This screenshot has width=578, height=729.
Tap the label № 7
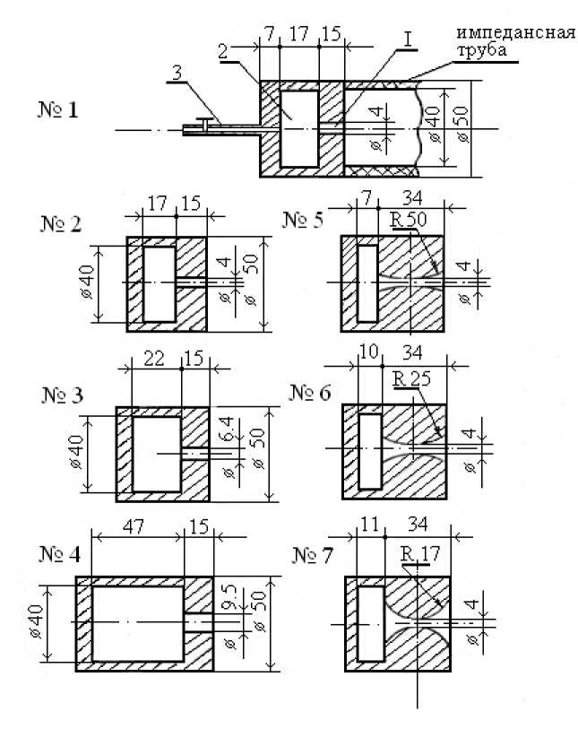(312, 555)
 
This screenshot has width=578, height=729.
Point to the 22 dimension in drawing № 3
(155, 360)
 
